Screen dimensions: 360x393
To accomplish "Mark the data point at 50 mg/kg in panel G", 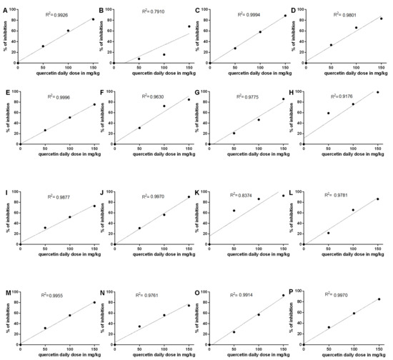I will point(234,133).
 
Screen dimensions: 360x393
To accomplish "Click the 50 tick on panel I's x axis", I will point(44,248).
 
